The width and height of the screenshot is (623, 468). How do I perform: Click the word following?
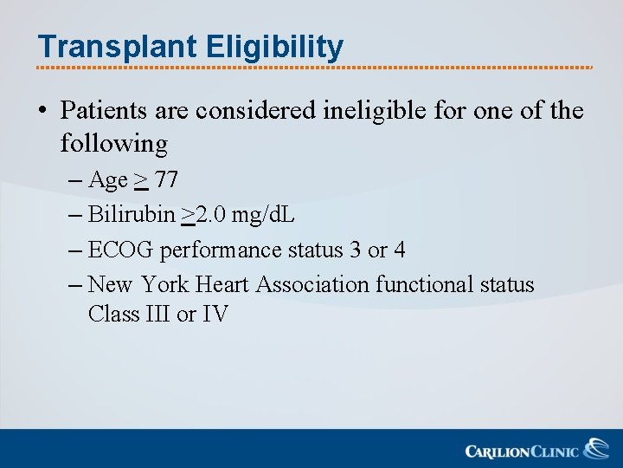click(x=113, y=143)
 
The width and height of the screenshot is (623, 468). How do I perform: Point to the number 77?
click(x=166, y=180)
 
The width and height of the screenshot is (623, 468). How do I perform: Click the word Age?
click(x=108, y=180)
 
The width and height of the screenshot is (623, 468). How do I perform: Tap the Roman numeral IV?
click(x=215, y=314)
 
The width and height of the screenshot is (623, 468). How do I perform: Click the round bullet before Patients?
click(x=42, y=112)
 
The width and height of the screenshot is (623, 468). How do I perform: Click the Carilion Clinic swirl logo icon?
click(x=595, y=448)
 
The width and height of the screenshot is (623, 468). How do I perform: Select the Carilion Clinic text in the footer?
click(x=522, y=451)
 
